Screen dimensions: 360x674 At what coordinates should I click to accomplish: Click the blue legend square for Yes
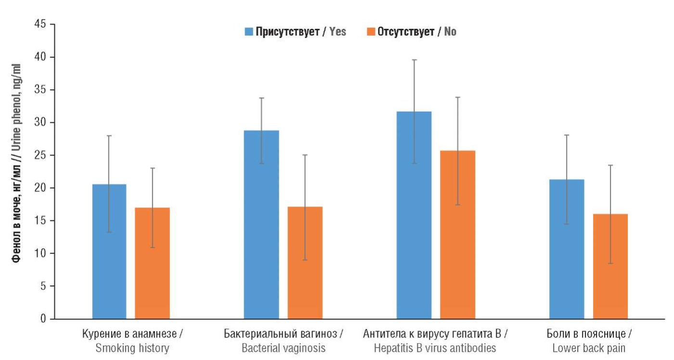(249, 32)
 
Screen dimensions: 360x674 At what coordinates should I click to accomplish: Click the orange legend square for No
(371, 32)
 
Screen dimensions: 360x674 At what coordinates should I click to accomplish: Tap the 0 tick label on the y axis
(44, 319)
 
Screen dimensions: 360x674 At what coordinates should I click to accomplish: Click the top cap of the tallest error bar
(414, 60)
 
